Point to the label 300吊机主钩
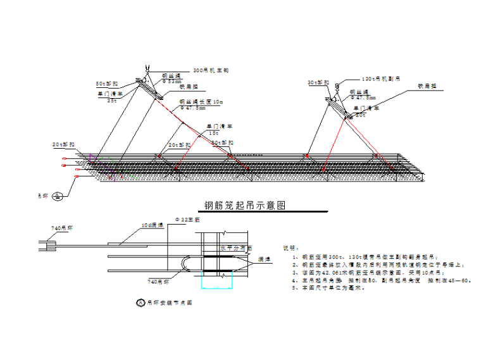(x=211, y=70)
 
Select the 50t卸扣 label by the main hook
(x=107, y=84)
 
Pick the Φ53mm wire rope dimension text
(x=172, y=82)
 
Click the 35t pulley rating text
(x=112, y=100)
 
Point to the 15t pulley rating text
(x=214, y=133)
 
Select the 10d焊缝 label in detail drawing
(x=152, y=225)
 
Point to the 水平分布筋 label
(x=236, y=248)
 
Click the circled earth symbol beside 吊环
(x=58, y=196)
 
